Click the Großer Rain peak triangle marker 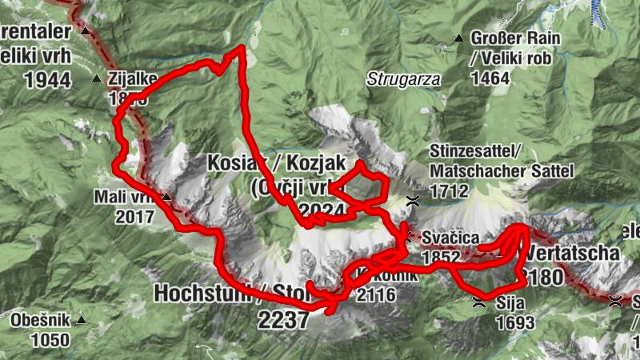pyautogui.click(x=458, y=38)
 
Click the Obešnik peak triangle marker pyautogui.click(x=80, y=322)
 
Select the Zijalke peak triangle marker pyautogui.click(x=96, y=78)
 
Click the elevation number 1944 pyautogui.click(x=48, y=79)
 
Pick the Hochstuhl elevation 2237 pyautogui.click(x=282, y=320)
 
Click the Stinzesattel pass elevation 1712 pyautogui.click(x=451, y=192)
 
